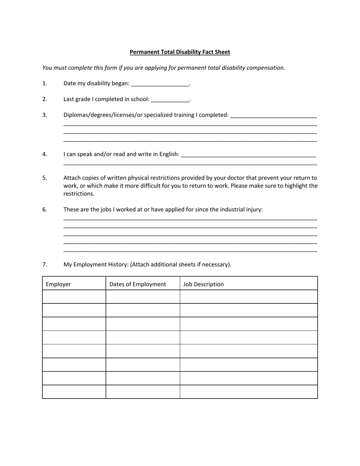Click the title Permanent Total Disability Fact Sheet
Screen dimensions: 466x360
point(180,52)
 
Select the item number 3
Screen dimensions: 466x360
point(45,115)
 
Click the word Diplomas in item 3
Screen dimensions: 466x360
point(75,115)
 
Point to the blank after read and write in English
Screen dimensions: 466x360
point(248,155)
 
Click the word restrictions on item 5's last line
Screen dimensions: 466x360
point(78,194)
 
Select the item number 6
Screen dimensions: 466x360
point(45,209)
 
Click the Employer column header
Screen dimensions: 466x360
point(58,284)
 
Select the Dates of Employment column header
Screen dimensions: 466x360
point(138,284)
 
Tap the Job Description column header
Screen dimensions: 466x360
point(203,284)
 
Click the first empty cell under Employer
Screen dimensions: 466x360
point(74,297)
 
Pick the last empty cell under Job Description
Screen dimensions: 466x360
point(249,392)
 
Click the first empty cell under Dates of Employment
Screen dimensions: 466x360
point(142,297)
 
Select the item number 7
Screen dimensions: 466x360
point(45,264)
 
